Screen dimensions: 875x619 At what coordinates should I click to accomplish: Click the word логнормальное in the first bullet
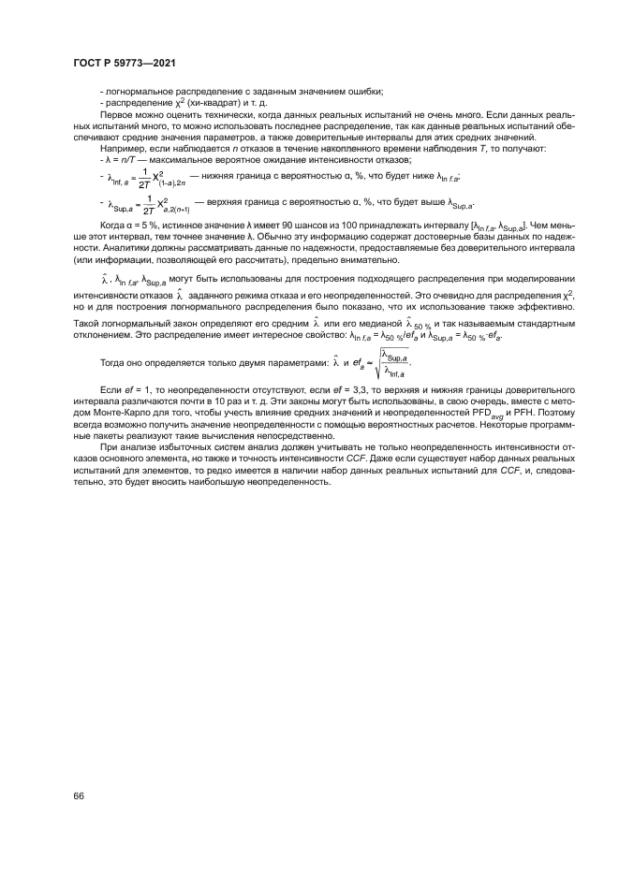tap(134, 91)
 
